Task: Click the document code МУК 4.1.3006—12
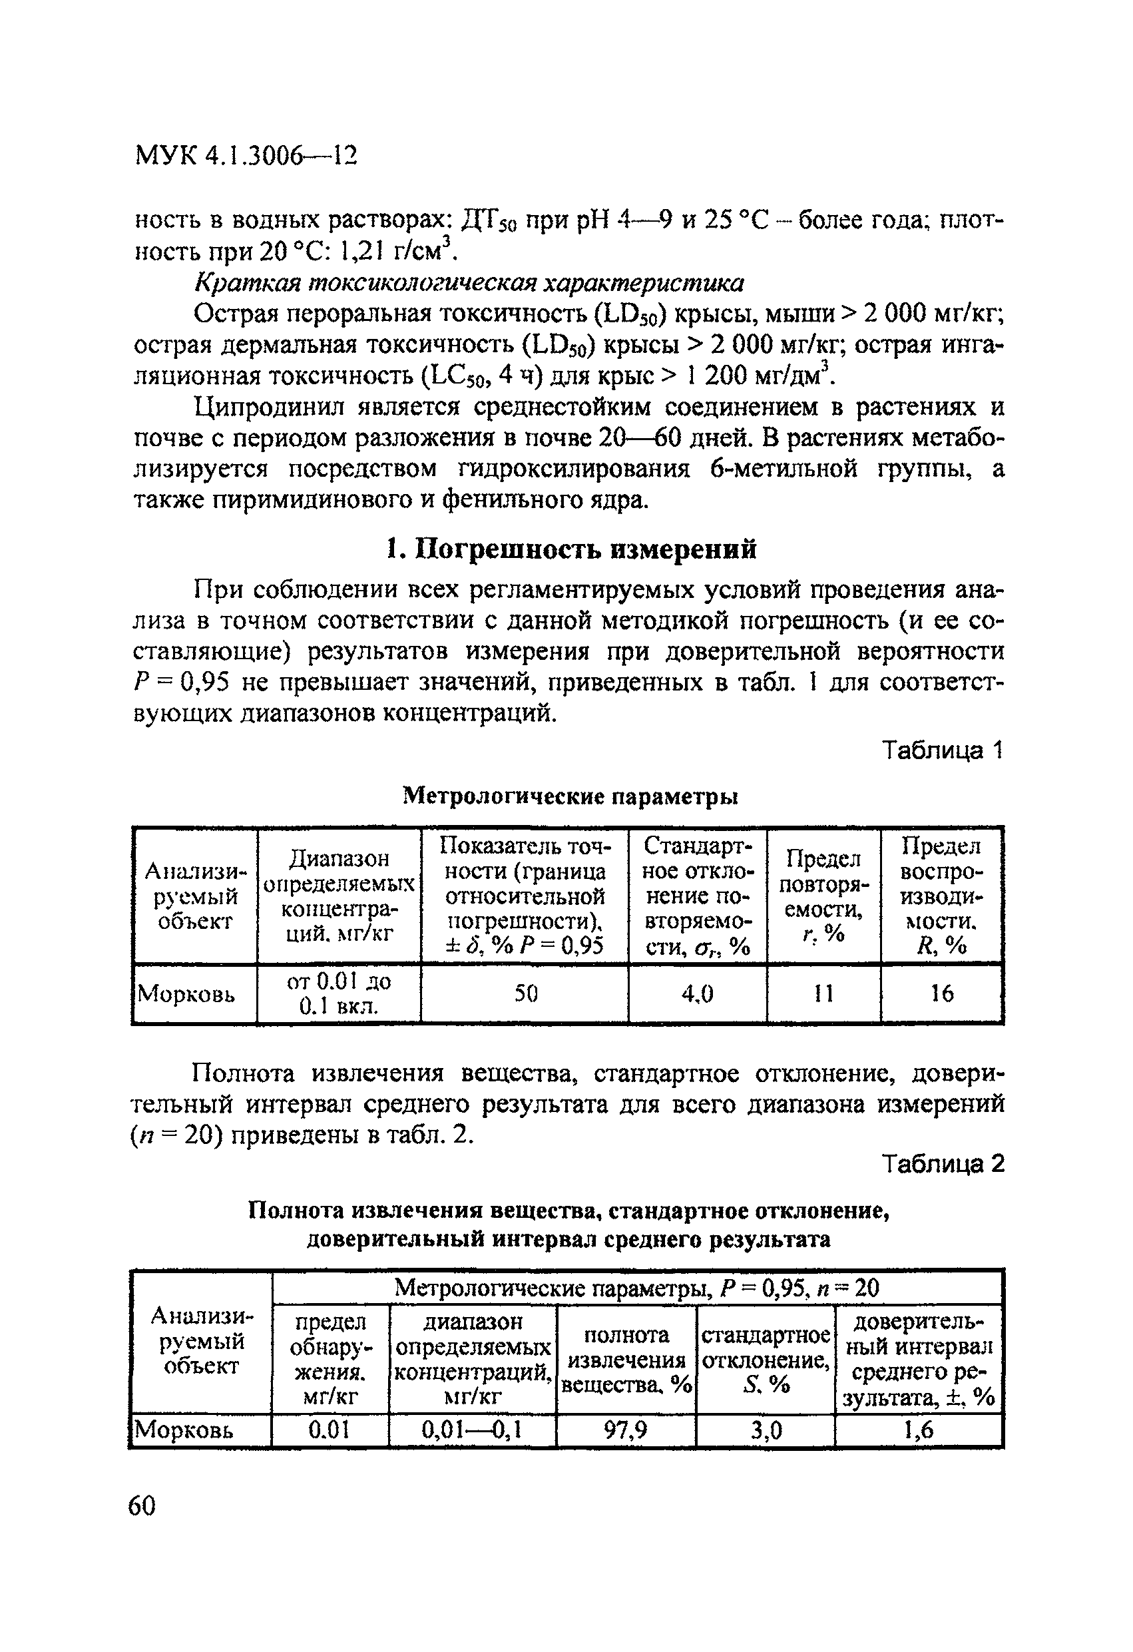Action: click(245, 155)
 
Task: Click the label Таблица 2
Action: click(942, 1164)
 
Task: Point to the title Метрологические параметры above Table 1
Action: click(570, 797)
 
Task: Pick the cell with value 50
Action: click(525, 993)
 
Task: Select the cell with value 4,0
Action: click(696, 993)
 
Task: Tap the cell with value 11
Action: click(823, 993)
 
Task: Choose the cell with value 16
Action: click(942, 993)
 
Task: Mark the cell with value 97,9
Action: click(626, 1430)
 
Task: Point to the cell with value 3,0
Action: click(766, 1430)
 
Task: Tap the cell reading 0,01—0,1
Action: click(472, 1430)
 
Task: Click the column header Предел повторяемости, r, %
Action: click(823, 896)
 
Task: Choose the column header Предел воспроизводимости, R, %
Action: click(941, 896)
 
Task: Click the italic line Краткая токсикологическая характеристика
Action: click(469, 283)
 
